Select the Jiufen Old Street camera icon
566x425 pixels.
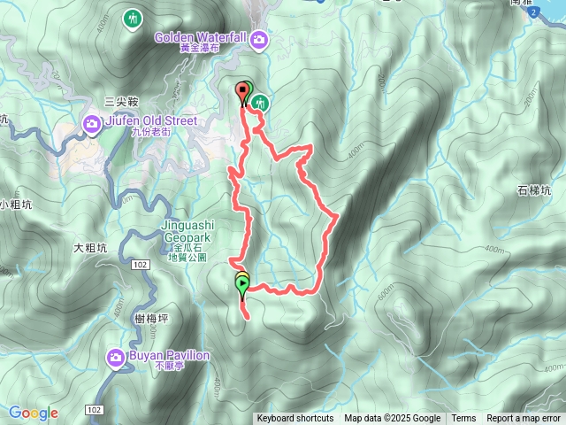pos(92,123)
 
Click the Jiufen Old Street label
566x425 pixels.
pos(145,121)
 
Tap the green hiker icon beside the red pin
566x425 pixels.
pos(259,104)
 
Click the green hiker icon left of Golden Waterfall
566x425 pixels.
pos(134,19)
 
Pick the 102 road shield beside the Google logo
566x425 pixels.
pos(95,410)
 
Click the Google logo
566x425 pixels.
pos(34,413)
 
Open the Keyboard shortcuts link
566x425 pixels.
pos(294,419)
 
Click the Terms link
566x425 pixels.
pos(463,419)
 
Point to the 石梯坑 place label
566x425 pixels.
pos(534,190)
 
